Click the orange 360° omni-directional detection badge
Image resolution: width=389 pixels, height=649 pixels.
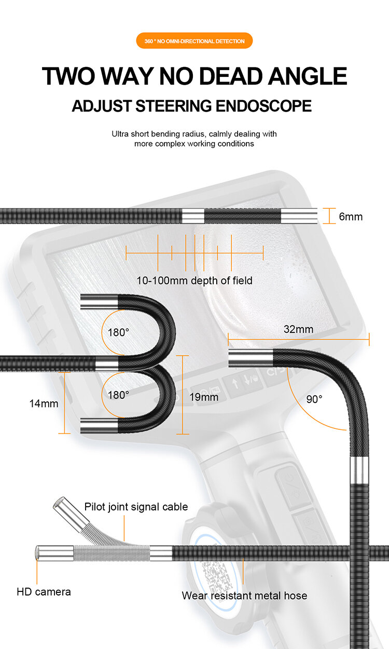click(195, 41)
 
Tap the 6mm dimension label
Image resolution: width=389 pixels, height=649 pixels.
click(351, 216)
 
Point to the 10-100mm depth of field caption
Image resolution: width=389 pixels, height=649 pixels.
click(195, 281)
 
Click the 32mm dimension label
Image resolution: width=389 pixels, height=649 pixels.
click(298, 329)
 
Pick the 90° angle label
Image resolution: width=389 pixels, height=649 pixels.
click(313, 399)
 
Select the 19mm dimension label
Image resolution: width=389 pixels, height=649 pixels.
click(204, 397)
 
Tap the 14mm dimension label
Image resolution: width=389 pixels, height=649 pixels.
click(44, 403)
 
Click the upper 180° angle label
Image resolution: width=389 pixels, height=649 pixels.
click(118, 332)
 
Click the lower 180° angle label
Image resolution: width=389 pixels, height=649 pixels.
click(118, 395)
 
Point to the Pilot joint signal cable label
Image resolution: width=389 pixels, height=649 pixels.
click(136, 507)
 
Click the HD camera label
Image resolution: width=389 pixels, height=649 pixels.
click(44, 591)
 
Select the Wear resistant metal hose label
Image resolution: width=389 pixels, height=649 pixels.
click(244, 596)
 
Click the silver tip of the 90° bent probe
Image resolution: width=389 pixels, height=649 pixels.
click(251, 357)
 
